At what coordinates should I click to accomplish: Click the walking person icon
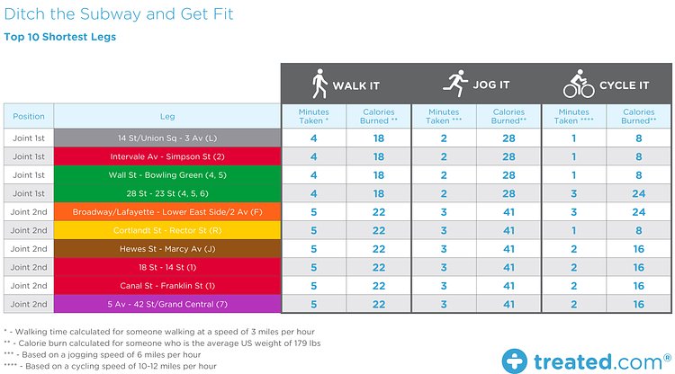(319, 85)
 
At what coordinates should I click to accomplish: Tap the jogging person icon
(454, 85)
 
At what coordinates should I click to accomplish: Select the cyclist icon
(579, 85)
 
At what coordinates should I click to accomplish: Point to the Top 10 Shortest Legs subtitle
(59, 38)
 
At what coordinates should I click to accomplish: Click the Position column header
(28, 116)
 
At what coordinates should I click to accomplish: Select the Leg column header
(167, 116)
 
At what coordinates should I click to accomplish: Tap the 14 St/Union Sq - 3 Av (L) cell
(167, 138)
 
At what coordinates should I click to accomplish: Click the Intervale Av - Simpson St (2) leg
(167, 156)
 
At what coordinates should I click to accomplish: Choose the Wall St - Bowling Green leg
(167, 175)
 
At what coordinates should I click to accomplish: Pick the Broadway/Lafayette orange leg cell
(167, 212)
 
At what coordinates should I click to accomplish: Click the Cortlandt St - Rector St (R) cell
(167, 231)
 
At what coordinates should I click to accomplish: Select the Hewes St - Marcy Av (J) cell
(167, 249)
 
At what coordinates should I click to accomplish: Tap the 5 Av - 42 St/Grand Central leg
(167, 305)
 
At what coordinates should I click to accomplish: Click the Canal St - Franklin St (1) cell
(167, 286)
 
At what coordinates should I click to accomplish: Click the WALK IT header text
(356, 86)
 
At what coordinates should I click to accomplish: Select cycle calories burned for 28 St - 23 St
(637, 193)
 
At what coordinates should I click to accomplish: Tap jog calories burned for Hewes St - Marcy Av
(508, 249)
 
